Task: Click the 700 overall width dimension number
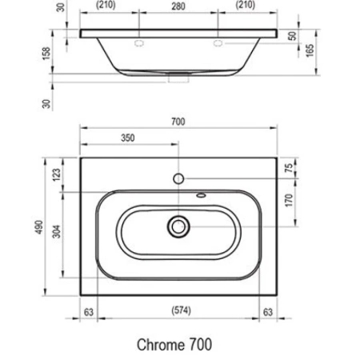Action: click(178, 122)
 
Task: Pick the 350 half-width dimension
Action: click(128, 138)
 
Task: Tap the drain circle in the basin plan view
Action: click(178, 227)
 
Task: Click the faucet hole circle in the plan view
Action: click(178, 176)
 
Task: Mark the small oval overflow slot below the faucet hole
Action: click(199, 194)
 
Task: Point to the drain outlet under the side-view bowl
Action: click(178, 78)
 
